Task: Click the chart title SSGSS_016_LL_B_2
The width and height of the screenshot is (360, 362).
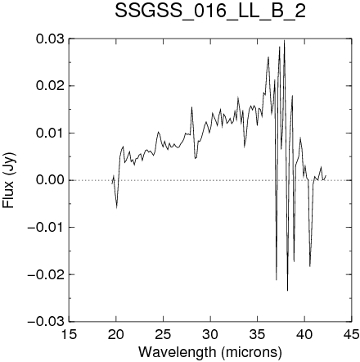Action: coord(210,11)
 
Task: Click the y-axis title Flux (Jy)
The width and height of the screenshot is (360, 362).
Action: coord(8,180)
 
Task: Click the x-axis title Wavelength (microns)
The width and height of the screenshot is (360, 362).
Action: coord(210,352)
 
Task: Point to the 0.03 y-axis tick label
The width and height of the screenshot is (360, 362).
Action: coord(50,38)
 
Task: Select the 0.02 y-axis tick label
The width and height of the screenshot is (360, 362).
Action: coord(50,86)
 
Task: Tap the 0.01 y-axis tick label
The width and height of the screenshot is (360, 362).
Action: coord(50,133)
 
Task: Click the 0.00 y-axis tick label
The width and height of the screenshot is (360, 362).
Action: coord(50,180)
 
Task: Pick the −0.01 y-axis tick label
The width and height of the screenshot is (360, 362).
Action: coord(46,227)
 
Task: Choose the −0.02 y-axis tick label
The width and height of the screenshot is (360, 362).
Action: coord(46,274)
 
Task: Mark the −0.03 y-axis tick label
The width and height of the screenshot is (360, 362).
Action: coord(46,322)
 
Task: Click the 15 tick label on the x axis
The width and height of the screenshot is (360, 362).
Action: coord(69,334)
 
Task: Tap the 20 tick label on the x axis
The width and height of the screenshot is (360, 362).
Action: coord(116,334)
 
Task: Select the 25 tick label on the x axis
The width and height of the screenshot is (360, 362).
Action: coord(163,334)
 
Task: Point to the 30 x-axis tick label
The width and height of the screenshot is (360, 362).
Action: coord(210,334)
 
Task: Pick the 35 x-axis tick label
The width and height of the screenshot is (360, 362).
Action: coord(258,334)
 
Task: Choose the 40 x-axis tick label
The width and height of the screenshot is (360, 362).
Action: coord(304,334)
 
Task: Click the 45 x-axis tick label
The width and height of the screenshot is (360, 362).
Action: coord(352,334)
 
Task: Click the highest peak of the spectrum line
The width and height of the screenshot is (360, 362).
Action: coord(284,40)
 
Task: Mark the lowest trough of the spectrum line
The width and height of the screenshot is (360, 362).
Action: coord(287,291)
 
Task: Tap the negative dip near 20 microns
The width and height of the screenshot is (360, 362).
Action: coord(117,208)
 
